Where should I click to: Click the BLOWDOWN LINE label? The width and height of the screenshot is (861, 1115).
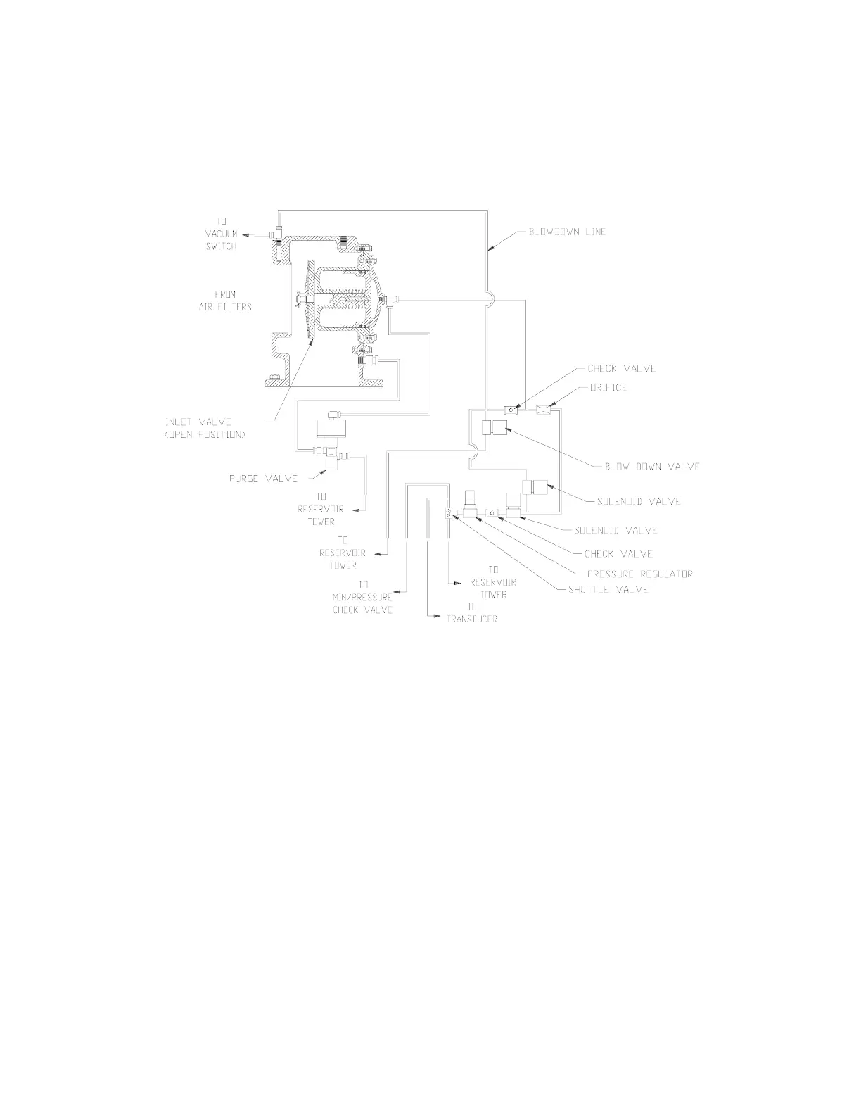tap(567, 232)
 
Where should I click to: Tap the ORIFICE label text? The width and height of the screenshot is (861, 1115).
tap(607, 387)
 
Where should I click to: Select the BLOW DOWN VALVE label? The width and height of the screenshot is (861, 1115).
tap(652, 467)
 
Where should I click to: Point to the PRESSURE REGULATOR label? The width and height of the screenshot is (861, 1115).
tap(639, 574)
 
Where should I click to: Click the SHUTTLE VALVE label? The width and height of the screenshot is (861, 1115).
tap(608, 589)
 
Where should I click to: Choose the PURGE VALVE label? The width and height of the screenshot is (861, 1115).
tap(263, 479)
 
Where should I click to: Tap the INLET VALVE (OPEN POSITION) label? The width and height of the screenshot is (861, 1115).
tap(205, 428)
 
